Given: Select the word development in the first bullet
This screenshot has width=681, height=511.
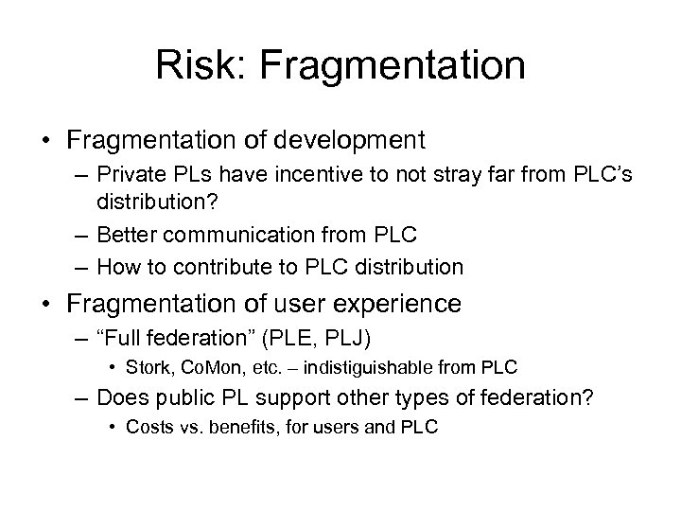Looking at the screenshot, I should click(352, 141).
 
